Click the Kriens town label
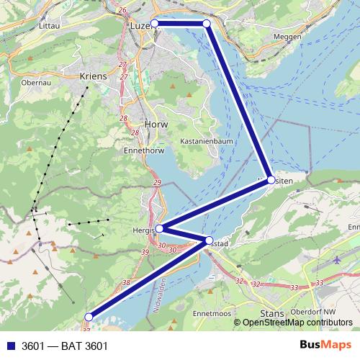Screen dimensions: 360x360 point(94,76)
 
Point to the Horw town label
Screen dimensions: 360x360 point(155,123)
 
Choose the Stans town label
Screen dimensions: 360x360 point(273,313)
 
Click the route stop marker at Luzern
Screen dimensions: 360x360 point(154,24)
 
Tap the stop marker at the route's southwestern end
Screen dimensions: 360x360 point(89,317)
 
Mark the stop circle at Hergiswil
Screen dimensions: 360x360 point(159,229)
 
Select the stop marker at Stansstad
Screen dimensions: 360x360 point(209,240)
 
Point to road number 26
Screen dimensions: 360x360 point(122,10)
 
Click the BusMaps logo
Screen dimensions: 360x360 point(326,345)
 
